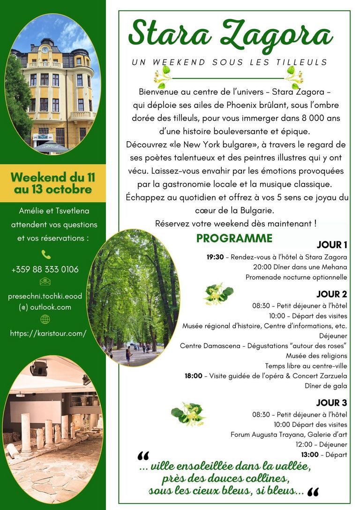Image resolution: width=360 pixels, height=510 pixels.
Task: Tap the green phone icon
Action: tap(45, 254)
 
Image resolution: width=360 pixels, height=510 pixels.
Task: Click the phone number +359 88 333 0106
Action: tap(45, 269)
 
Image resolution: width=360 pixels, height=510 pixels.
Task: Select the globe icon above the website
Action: tap(45, 319)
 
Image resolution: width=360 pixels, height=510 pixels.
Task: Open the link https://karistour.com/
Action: tap(48, 334)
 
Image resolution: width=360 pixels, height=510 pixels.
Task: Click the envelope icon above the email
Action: tap(45, 282)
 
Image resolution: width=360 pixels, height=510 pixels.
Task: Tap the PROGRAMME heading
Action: tap(234, 238)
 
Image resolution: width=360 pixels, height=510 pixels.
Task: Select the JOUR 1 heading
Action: tap(332, 245)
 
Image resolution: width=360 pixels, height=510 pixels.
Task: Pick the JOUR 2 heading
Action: tap(331, 295)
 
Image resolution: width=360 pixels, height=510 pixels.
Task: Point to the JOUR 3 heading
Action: tap(331, 403)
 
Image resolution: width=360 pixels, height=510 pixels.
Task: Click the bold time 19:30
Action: tap(215, 257)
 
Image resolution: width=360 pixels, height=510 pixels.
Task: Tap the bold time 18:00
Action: tap(194, 376)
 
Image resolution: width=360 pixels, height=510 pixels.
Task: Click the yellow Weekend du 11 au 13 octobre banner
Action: tap(52, 183)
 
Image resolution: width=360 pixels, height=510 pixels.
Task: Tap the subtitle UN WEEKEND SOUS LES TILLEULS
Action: tap(230, 62)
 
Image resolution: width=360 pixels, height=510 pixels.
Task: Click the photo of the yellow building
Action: tap(52, 84)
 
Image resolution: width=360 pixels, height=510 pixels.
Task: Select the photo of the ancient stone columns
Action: tap(52, 429)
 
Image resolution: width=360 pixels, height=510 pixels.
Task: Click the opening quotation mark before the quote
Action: tap(143, 457)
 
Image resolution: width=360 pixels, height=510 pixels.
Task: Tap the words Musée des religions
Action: tap(316, 356)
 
